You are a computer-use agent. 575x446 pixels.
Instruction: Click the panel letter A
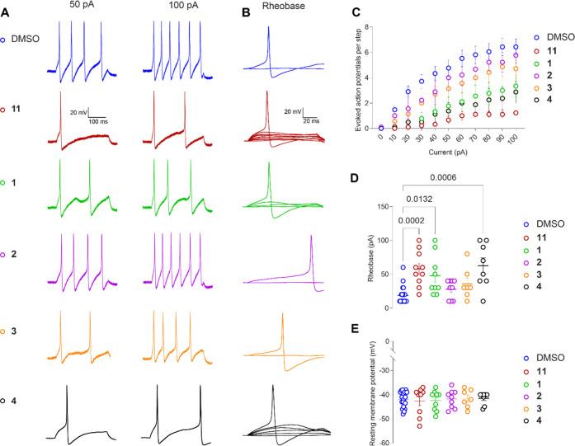(7, 12)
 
